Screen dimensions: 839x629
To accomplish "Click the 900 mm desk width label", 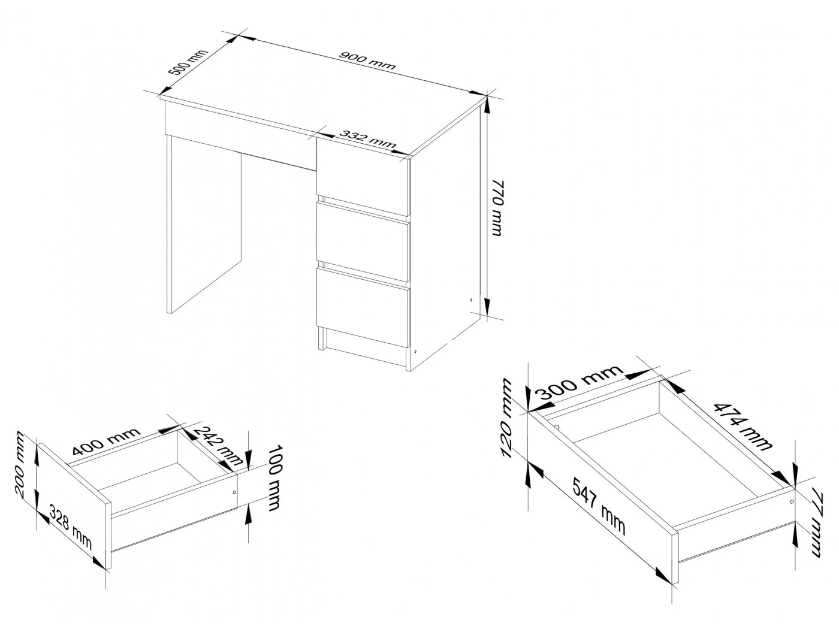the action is pyautogui.click(x=367, y=61).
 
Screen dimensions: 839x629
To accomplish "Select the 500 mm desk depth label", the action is pyautogui.click(x=188, y=62).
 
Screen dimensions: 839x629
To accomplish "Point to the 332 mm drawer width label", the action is pyautogui.click(x=367, y=138).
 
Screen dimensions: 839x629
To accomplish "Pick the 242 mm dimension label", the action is pyautogui.click(x=218, y=446).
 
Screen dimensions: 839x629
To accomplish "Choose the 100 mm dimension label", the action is pyautogui.click(x=274, y=478).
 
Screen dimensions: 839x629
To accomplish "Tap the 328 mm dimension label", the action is pyautogui.click(x=71, y=528).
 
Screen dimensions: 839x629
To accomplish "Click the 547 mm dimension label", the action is pyautogui.click(x=599, y=506).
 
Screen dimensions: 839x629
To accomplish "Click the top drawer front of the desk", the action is pyautogui.click(x=363, y=177).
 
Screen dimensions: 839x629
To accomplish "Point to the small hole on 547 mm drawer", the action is pyautogui.click(x=792, y=501).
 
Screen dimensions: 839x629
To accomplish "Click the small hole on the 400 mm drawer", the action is pyautogui.click(x=234, y=492).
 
